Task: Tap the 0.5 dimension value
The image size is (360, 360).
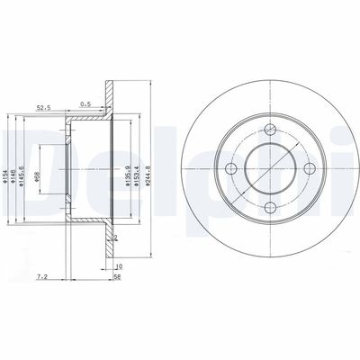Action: (85, 103)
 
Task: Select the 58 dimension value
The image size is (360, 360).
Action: (118, 278)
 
